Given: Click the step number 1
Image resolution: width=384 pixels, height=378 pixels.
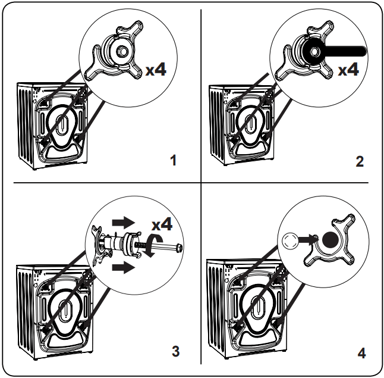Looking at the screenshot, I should [173, 161].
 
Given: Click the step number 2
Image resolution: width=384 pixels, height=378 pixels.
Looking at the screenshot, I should [360, 161].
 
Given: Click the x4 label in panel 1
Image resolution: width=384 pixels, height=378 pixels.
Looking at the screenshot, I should [156, 70].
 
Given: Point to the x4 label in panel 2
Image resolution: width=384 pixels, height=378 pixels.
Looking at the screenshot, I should [348, 70].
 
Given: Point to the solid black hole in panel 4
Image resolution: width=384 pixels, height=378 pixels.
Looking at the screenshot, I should [331, 240].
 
